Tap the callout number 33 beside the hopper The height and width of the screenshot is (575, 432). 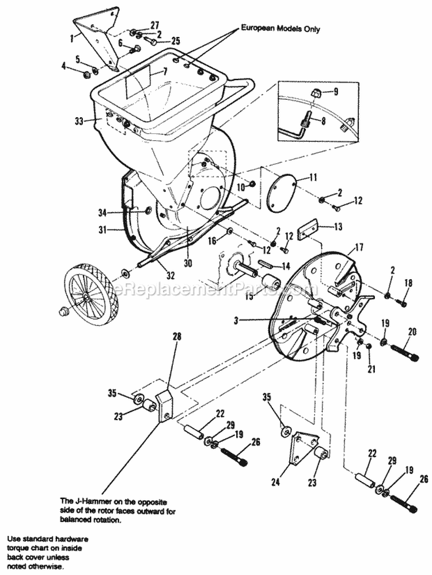[79, 121]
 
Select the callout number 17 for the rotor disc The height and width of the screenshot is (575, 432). [359, 248]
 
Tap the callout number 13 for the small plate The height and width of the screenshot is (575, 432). [338, 226]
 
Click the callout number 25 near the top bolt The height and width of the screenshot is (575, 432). [175, 40]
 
